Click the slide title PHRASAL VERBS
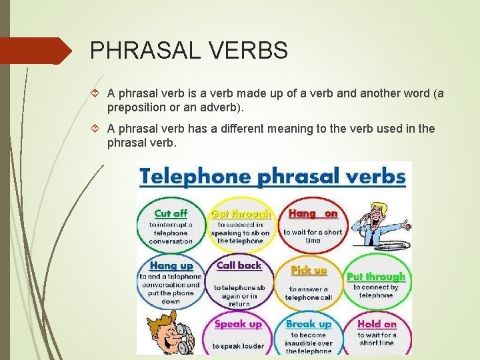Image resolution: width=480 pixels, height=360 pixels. coord(189,51)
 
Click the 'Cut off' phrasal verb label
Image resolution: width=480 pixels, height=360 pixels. coord(171,213)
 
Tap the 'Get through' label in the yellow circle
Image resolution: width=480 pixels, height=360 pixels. coord(241,214)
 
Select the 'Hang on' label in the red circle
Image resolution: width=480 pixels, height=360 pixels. coord(313,213)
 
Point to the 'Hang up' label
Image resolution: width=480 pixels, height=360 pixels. coord(171,265)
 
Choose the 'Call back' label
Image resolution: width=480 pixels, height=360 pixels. coord(239,265)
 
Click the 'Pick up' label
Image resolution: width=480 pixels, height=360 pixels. coord(309,270)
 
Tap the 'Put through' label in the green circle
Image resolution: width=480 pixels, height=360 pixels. coord(375,276)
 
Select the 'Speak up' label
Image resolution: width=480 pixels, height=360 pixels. coord(238,324)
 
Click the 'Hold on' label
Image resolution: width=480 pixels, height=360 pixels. coord(377,324)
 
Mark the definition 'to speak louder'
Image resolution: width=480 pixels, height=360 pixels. coord(238,346)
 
